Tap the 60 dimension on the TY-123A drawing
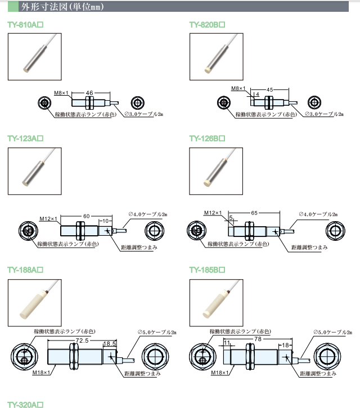point(87,216)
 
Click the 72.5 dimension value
point(82,341)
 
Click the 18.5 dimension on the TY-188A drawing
point(110,343)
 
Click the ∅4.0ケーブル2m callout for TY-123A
point(147,214)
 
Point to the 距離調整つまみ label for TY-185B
point(318,373)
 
